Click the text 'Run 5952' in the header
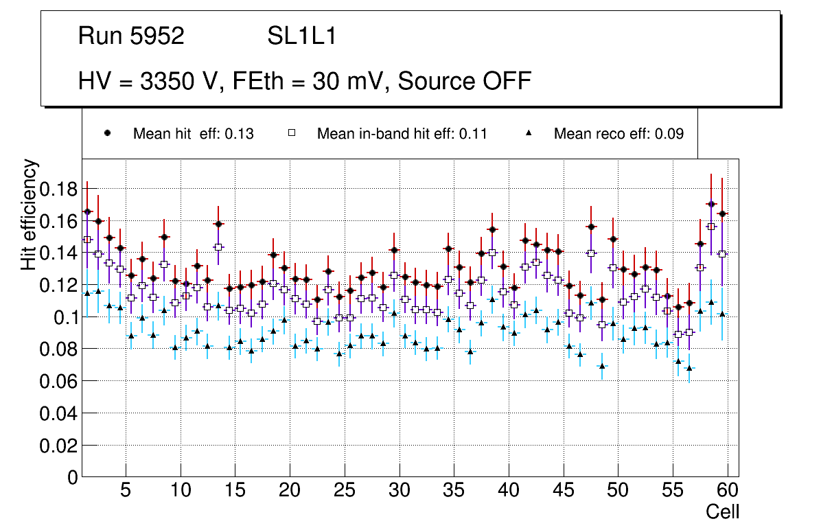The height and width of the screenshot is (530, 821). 131,36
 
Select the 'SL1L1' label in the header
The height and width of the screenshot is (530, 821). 301,36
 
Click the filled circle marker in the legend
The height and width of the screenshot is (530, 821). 107,133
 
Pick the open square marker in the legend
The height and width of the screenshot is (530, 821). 291,133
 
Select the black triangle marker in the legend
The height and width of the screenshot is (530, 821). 528,133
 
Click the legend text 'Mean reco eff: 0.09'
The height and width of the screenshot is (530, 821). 618,134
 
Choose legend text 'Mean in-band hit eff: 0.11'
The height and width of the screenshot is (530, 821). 402,134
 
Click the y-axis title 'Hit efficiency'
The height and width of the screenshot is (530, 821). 30,214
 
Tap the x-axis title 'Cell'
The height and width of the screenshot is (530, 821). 722,511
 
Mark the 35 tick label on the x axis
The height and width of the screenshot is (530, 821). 453,491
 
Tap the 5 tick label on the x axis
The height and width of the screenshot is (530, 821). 125,491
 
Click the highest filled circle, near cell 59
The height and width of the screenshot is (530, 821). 711,204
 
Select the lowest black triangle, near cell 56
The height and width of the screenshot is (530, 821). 689,368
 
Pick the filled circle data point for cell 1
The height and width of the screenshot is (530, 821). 87,211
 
